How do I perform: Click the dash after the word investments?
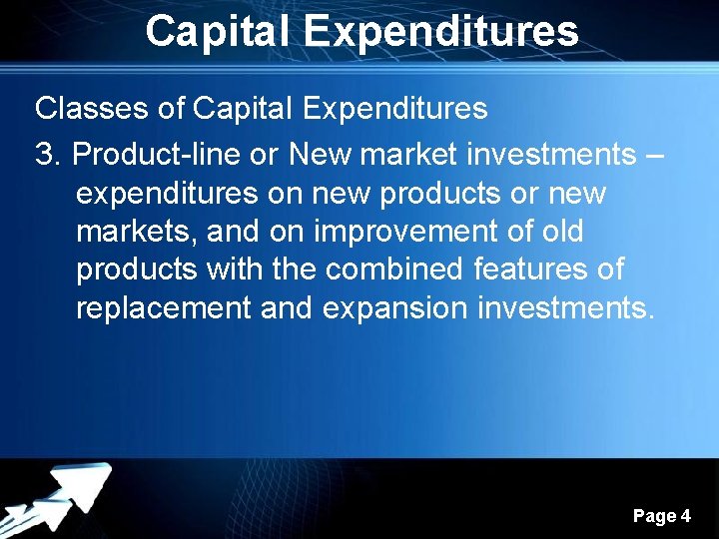653,155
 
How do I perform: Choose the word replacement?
164,308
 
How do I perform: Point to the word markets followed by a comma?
137,232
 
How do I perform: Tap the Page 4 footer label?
661,516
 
